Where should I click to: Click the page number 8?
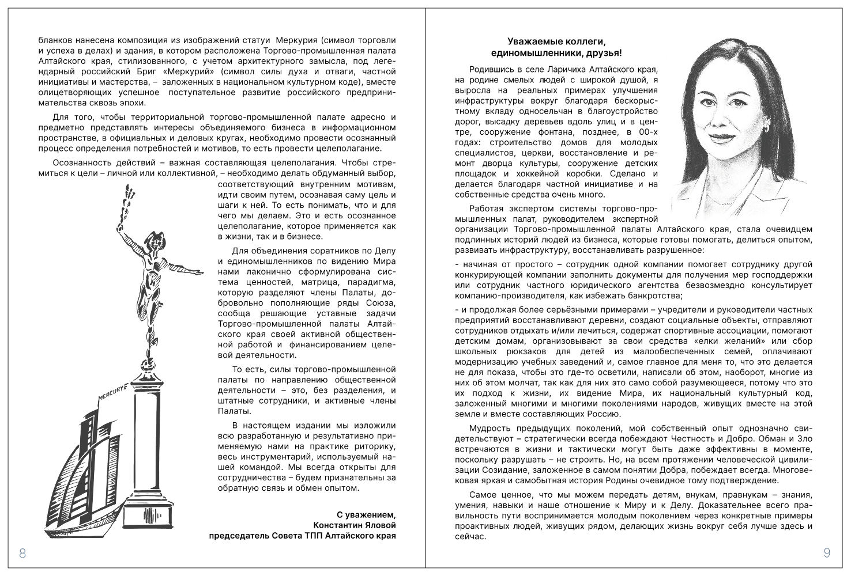(22, 554)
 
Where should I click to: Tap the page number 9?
(827, 554)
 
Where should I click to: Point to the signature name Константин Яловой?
(355, 525)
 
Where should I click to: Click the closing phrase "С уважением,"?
(367, 514)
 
